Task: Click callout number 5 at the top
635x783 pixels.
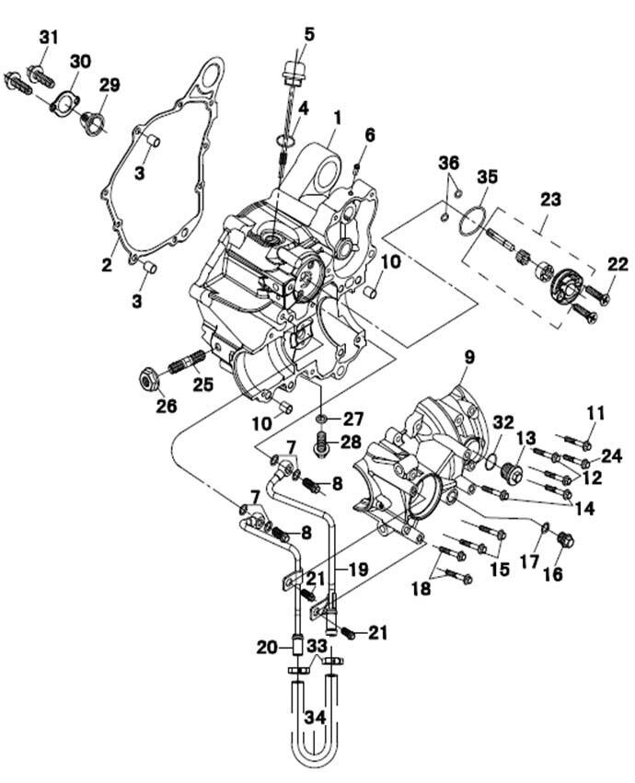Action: (x=308, y=34)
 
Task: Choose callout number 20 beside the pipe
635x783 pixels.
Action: (x=266, y=648)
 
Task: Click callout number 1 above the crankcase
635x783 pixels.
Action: (x=337, y=118)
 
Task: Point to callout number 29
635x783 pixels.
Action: (x=110, y=86)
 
